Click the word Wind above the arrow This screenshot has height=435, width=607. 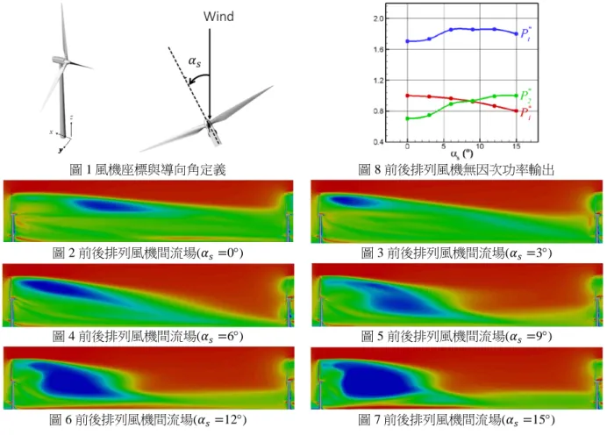click(218, 17)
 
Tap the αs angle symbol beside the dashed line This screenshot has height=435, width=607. click(195, 61)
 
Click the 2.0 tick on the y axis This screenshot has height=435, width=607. click(379, 18)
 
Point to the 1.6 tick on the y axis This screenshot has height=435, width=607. click(379, 49)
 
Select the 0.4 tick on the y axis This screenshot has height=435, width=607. click(379, 142)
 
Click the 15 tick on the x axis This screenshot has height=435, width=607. click(516, 146)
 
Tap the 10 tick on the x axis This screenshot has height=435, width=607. click(480, 146)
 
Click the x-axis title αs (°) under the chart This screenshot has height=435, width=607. click(461, 154)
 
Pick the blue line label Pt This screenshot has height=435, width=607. click(525, 33)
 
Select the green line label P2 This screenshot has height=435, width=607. click(525, 96)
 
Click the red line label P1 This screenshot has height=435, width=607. click(525, 112)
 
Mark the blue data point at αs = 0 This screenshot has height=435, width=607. click(407, 41)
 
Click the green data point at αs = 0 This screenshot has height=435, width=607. click(407, 118)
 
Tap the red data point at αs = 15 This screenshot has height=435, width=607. click(516, 111)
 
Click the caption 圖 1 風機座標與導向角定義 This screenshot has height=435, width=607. click(147, 169)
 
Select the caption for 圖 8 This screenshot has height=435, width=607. click(456, 169)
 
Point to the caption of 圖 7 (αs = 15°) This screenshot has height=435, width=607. click(456, 419)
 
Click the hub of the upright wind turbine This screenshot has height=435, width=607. click(66, 61)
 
